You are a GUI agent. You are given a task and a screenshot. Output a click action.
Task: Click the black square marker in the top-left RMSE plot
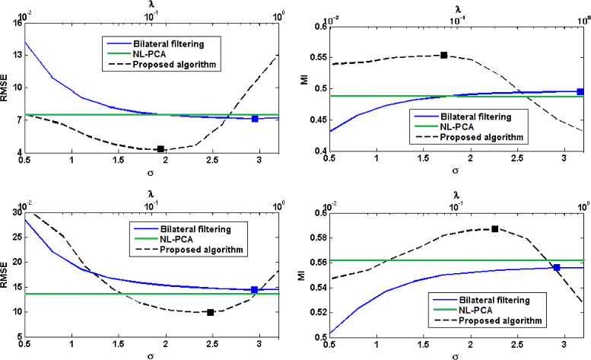tap(160, 149)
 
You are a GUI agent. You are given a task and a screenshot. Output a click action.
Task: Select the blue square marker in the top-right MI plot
tap(580, 91)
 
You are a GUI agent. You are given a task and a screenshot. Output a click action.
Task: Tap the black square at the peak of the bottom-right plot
tap(494, 228)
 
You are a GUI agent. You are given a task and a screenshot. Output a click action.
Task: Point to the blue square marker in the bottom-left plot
tap(255, 289)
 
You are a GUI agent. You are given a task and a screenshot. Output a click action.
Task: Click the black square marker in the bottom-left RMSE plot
tap(211, 312)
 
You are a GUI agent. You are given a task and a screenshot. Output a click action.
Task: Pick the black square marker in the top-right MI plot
tap(444, 55)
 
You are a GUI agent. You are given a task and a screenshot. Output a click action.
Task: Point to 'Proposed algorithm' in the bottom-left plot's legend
tap(198, 250)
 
